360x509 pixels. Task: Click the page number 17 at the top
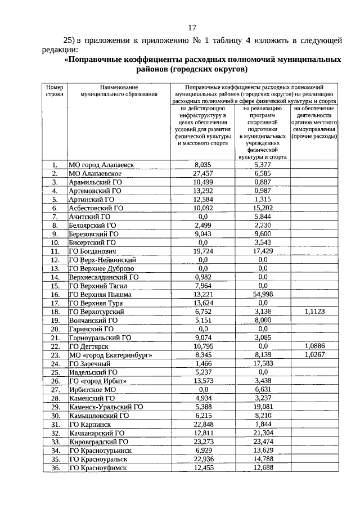[192, 27]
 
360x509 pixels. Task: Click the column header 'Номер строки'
[55, 91]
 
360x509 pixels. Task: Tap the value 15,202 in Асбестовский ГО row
[262, 208]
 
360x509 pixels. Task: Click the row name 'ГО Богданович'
[93, 251]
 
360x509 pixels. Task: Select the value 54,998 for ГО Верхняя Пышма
[262, 294]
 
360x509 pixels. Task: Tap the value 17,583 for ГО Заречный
[262, 364]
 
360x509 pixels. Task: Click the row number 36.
[55, 468]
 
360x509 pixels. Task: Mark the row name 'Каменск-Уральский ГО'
[106, 407]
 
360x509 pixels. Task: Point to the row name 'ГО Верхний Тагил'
[97, 286]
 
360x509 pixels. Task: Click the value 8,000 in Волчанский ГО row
[262, 320]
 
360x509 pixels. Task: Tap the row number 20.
[55, 329]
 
